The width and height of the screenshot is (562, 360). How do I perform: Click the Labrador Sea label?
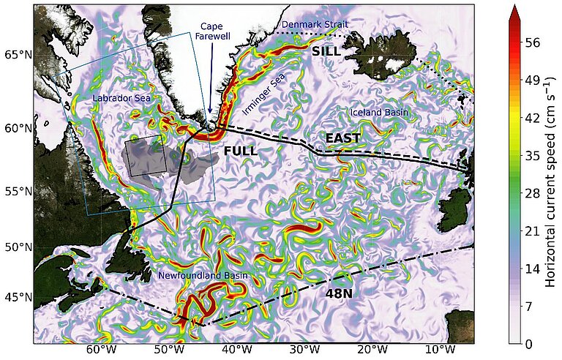[121, 98]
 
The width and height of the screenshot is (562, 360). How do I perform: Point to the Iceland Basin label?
[379, 113]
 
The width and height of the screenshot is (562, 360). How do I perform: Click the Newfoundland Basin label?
[203, 276]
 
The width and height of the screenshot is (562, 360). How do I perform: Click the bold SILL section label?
[326, 51]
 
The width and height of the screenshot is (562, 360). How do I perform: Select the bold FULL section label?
[241, 151]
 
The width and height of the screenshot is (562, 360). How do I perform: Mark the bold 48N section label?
[339, 293]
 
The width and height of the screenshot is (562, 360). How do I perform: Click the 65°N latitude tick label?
[16, 56]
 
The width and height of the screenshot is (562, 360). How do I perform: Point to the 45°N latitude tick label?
[16, 298]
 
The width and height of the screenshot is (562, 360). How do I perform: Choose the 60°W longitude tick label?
[100, 350]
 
